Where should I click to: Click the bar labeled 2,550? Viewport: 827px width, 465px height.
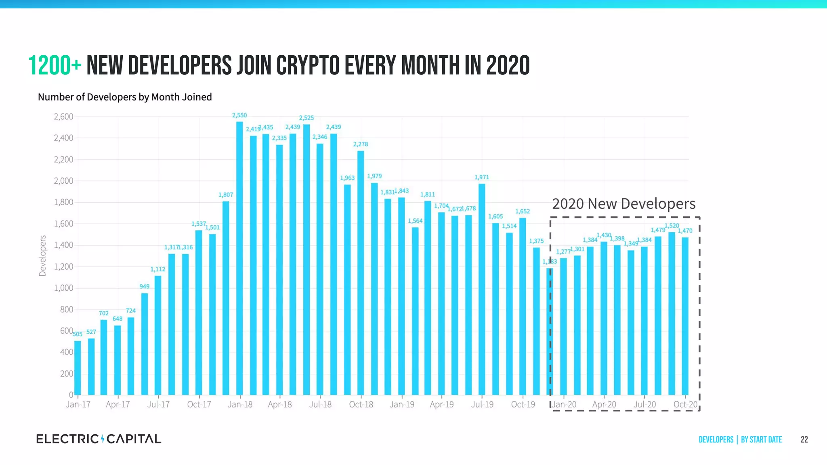tap(239, 258)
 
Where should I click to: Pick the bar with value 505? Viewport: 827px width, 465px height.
tap(78, 368)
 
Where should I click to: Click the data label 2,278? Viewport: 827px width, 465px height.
tap(361, 144)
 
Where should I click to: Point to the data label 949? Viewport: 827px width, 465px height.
tap(145, 287)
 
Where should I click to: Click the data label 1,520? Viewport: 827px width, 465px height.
tap(672, 226)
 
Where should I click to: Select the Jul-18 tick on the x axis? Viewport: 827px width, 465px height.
tap(320, 404)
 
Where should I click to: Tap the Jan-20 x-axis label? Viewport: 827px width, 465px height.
tap(564, 404)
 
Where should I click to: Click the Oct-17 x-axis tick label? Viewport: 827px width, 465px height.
tap(199, 404)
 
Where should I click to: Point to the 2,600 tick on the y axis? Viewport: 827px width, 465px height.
tap(63, 117)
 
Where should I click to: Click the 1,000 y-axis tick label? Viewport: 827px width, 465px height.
tap(63, 288)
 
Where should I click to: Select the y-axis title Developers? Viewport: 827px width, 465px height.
tap(42, 256)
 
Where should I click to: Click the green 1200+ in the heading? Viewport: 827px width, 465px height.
tap(55, 65)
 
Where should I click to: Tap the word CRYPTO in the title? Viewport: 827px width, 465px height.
tap(309, 65)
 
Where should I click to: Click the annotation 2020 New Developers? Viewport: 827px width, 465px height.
tap(623, 204)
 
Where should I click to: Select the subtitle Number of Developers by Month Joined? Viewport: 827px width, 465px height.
tap(125, 97)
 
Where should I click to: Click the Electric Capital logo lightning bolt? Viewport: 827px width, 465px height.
tap(103, 439)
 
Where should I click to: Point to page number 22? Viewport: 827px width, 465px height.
tap(804, 440)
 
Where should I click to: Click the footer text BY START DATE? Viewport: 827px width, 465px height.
tap(761, 440)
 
